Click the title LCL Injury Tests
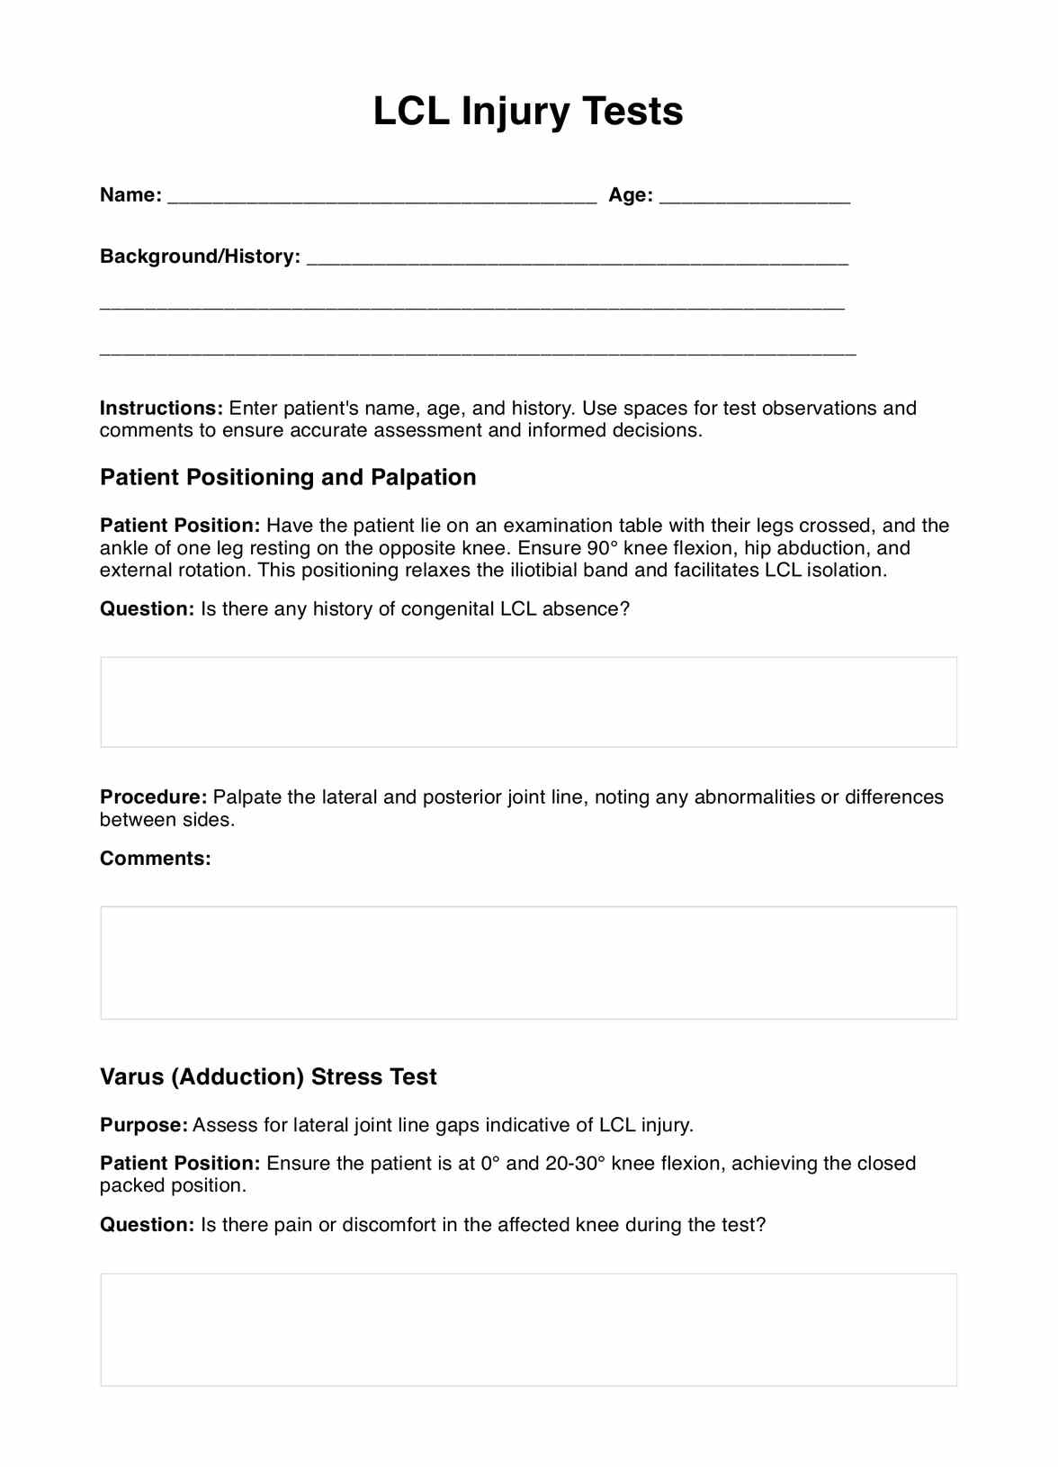coord(528,112)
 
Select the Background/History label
coord(200,256)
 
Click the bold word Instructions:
coord(161,409)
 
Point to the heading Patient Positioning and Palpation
coord(288,477)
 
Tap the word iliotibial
coord(544,571)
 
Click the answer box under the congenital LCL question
coord(528,702)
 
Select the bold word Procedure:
coord(153,797)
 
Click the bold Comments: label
coord(155,859)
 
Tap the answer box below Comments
coord(528,962)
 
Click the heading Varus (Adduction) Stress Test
coord(268,1077)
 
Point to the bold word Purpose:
coord(144,1125)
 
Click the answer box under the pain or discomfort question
coord(528,1329)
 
